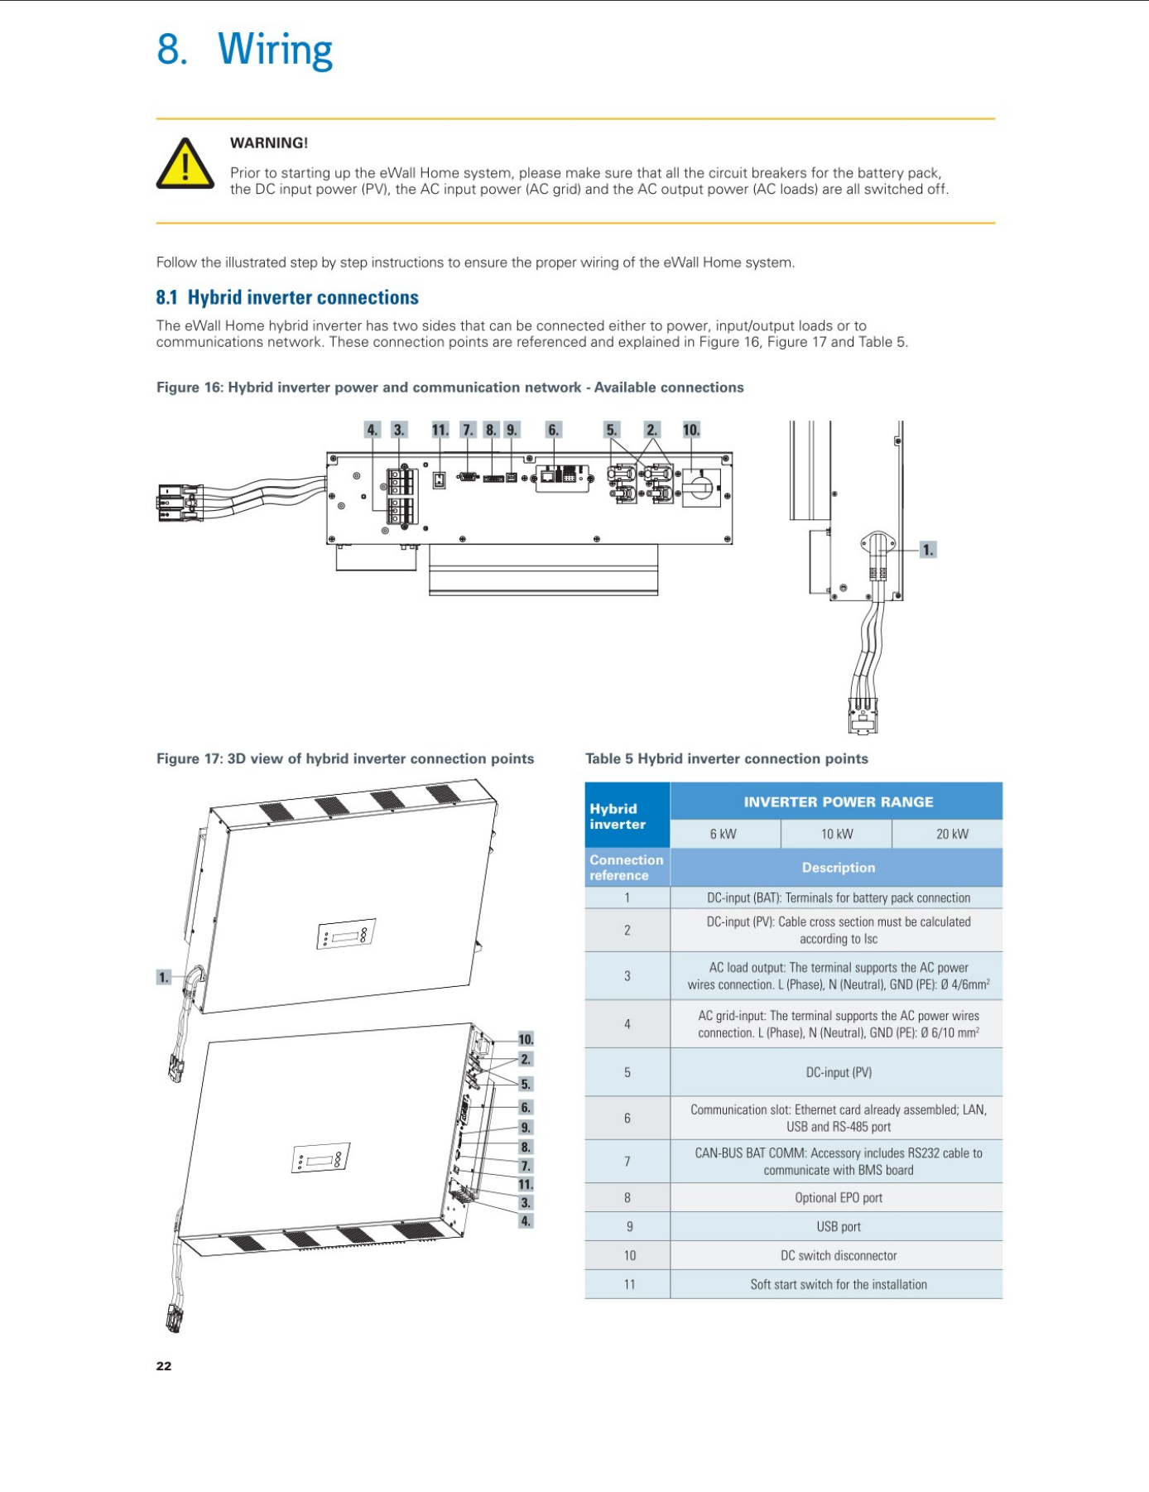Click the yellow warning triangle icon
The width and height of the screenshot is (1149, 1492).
[185, 163]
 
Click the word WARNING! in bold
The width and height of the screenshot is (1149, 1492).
[269, 143]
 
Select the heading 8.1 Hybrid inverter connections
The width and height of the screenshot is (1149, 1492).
[287, 297]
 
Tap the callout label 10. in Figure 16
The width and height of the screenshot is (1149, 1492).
[691, 430]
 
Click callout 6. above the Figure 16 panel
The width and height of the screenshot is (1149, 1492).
[554, 430]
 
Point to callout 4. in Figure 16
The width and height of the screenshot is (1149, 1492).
[373, 430]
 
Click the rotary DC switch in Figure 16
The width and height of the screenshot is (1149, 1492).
[700, 487]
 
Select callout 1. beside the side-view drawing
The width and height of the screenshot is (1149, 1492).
[928, 550]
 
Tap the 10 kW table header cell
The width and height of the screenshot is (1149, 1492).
[837, 834]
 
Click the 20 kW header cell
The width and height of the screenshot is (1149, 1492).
[952, 834]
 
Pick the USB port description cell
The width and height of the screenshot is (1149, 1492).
[838, 1226]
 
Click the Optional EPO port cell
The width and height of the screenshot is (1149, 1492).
[838, 1197]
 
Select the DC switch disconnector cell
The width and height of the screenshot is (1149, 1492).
[838, 1255]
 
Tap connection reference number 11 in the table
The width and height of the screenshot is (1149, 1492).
[629, 1284]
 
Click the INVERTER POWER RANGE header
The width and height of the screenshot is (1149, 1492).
[838, 801]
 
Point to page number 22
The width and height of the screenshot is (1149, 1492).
[164, 1366]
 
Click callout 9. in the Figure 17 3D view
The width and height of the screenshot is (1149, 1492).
[526, 1127]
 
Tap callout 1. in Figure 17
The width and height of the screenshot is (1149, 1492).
[164, 978]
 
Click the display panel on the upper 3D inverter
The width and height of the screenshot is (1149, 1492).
[346, 934]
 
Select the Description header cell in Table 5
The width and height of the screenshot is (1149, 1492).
[838, 867]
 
